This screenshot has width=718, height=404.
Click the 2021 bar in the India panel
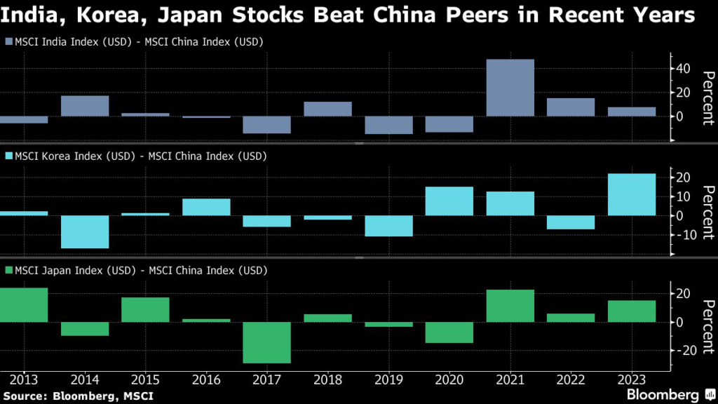[510, 88]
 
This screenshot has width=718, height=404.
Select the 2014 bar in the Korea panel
[85, 231]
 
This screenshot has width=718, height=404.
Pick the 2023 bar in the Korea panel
[632, 194]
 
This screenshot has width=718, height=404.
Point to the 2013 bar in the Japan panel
[24, 305]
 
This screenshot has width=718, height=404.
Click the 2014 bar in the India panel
[85, 106]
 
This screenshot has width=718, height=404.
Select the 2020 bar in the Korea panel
[449, 201]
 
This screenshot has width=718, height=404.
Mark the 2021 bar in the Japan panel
[510, 306]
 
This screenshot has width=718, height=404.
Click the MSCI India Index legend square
[9, 43]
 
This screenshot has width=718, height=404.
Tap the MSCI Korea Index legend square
[9, 156]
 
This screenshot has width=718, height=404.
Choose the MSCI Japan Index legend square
[9, 269]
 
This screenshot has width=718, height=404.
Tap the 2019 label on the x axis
[388, 380]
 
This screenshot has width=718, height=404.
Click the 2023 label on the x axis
[632, 380]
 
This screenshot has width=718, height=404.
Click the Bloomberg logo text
[663, 395]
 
